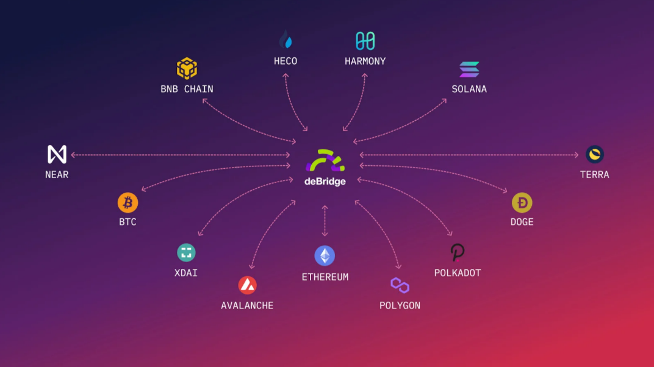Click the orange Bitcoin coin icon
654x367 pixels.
click(128, 203)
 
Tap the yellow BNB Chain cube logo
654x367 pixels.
click(187, 68)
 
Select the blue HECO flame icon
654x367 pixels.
click(286, 40)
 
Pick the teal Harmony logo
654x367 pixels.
click(365, 41)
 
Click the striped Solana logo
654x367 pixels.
click(469, 69)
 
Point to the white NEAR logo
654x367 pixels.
click(57, 155)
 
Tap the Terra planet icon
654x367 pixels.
click(595, 155)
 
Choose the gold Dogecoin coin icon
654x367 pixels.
click(522, 203)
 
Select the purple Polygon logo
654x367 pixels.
click(400, 285)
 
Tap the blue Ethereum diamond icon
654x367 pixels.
click(325, 255)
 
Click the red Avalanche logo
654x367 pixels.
click(247, 285)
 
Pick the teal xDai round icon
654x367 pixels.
click(186, 252)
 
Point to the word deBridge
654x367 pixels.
click(325, 182)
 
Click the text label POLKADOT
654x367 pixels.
click(458, 273)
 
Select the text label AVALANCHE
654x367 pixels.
click(247, 305)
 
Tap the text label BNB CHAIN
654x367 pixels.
click(187, 89)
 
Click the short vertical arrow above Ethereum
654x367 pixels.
click(325, 221)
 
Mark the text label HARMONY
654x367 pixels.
click(365, 61)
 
